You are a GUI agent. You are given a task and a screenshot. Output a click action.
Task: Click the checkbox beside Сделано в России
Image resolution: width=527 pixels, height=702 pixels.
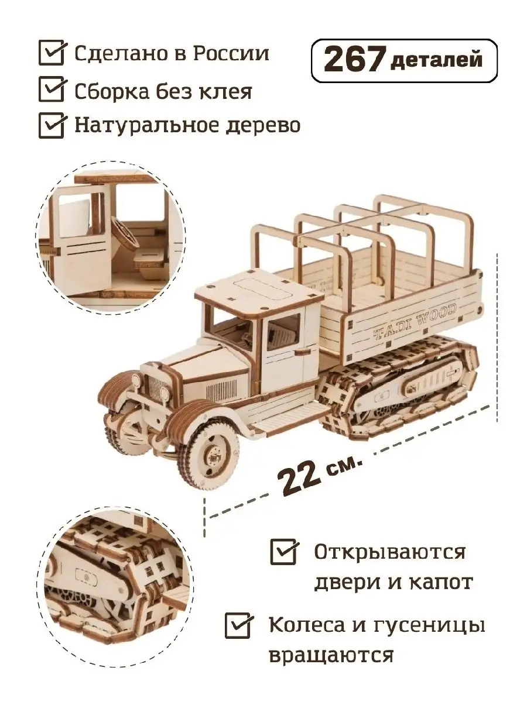(52, 53)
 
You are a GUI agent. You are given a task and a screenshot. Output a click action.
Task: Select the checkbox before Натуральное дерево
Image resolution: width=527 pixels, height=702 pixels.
(52, 126)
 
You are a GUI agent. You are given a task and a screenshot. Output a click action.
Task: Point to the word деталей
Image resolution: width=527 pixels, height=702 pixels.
(436, 60)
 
